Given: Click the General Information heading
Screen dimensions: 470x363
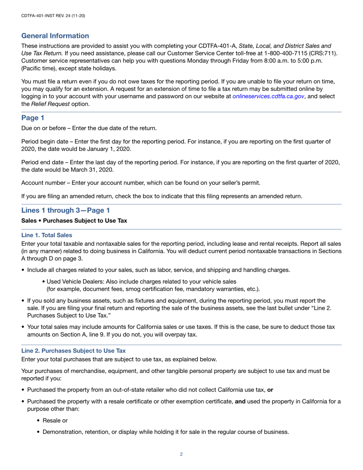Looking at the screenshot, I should pyautogui.click(x=55, y=36).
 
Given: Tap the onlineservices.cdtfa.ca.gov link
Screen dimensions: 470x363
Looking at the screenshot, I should pyautogui.click(x=268, y=97).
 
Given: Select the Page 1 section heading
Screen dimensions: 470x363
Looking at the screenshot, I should pyautogui.click(x=30, y=118).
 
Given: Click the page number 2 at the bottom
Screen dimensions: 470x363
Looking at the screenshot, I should pyautogui.click(x=181, y=454).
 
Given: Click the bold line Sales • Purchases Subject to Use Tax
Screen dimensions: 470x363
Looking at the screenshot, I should pyautogui.click(x=74, y=221).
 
